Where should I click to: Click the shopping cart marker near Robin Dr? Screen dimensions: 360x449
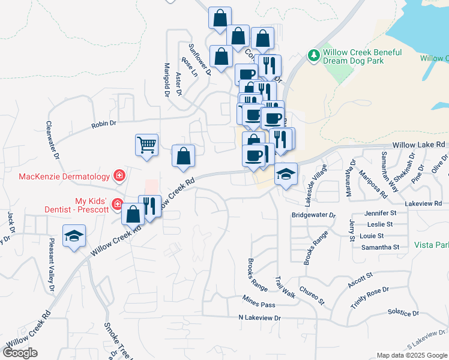tap(146, 145)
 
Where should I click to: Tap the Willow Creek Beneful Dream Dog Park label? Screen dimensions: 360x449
tap(362, 56)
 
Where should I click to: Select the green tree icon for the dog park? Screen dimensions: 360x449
tap(313, 56)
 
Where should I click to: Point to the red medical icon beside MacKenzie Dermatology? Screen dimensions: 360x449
tap(119, 176)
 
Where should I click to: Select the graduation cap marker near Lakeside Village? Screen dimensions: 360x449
tap(286, 174)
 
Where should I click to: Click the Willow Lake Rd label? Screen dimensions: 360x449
tap(420, 145)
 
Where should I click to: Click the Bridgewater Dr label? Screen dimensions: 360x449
tap(313, 215)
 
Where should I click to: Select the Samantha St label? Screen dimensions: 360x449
tap(381, 247)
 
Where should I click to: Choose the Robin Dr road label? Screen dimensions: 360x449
tap(103, 125)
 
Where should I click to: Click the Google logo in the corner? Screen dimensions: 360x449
tap(20, 353)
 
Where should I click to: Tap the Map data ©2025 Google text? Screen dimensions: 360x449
tap(411, 355)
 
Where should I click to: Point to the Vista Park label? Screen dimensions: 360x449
tap(431, 245)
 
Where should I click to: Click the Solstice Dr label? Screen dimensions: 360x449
tap(403, 312)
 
